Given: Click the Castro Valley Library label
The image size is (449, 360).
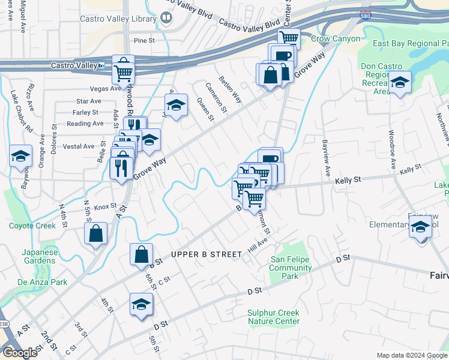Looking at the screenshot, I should coord(118,19).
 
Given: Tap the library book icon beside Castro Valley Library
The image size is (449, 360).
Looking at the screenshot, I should coord(166,19).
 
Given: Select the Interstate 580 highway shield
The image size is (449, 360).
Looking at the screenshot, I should coord(365,14).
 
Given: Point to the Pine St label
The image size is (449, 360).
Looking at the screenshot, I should coord(144,41).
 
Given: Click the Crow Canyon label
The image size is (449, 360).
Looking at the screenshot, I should coord(336,39).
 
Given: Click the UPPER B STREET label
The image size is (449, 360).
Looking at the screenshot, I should coord(206,254).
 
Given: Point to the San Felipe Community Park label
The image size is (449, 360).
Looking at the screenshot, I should coord(292,268).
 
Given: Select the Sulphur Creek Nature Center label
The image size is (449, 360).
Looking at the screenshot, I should coord(273,317).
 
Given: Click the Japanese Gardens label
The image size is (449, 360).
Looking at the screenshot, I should coord(41,256).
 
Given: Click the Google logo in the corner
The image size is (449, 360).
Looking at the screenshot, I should coord(19,353).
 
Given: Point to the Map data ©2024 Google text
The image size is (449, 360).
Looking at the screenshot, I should coord(411,355).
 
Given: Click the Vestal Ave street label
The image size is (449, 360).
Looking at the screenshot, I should coord(79,146).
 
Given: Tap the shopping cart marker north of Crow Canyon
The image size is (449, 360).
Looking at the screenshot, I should coord(289,38).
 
